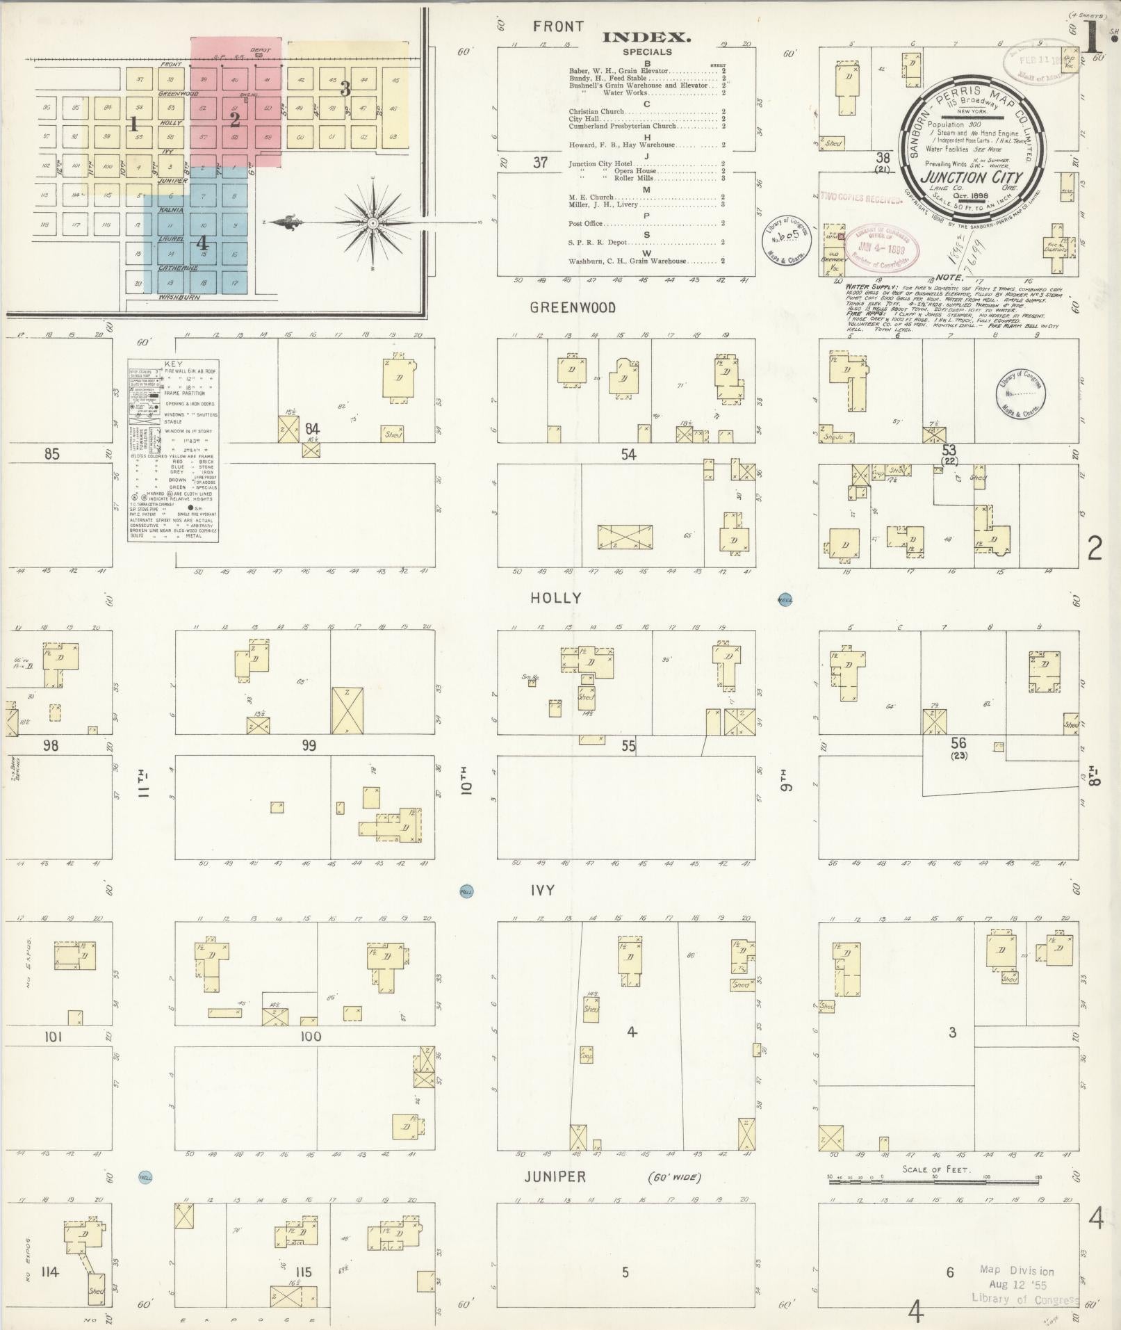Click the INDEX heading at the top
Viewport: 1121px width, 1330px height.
tap(646, 38)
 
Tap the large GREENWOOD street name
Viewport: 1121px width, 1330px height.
tap(573, 308)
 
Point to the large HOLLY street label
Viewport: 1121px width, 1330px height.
tap(555, 598)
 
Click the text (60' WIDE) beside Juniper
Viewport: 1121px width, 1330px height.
tap(674, 1178)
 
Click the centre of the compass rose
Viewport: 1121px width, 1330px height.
tap(373, 222)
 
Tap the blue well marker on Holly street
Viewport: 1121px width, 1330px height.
tap(785, 600)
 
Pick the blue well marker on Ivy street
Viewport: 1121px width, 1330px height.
tap(466, 891)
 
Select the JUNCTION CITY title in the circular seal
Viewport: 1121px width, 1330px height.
tap(971, 177)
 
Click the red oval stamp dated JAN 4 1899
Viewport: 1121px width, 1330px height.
tap(881, 246)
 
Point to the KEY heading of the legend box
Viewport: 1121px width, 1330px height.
tap(172, 364)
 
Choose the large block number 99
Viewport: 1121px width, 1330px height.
tap(309, 745)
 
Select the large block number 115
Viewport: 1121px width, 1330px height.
tap(303, 1272)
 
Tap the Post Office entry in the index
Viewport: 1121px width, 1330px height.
tap(585, 224)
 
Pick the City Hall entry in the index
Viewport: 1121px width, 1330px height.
tap(584, 119)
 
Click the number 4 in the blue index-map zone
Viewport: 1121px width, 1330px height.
tap(202, 243)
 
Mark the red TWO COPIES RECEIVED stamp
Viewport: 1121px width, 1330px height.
tap(860, 199)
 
